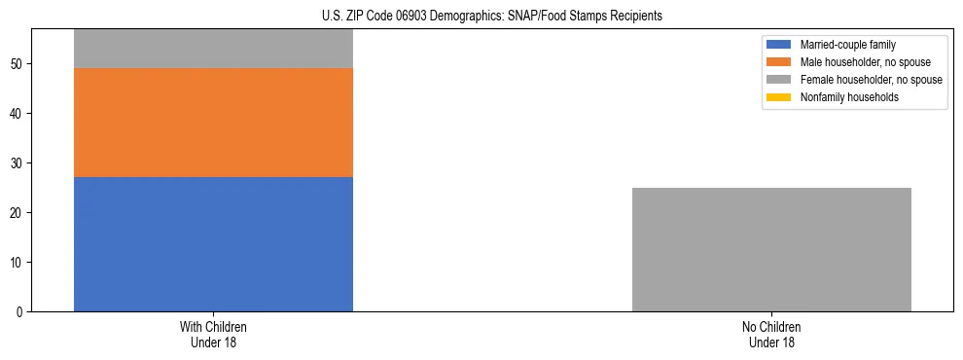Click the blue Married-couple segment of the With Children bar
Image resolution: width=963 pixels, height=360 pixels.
213,244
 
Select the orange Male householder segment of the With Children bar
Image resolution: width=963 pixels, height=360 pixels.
213,123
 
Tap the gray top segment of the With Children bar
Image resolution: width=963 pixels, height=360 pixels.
213,49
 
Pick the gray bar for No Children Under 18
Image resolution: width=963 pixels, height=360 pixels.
771,249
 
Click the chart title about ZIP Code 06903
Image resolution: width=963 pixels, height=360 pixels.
491,16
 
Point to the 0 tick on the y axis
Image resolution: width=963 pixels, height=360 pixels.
22,312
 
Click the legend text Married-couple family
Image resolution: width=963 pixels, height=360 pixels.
848,45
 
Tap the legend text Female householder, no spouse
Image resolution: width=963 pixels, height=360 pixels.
871,80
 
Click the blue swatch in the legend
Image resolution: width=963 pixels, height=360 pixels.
779,45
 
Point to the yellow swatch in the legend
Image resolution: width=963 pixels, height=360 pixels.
779,97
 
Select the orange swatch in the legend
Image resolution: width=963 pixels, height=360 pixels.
779,62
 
